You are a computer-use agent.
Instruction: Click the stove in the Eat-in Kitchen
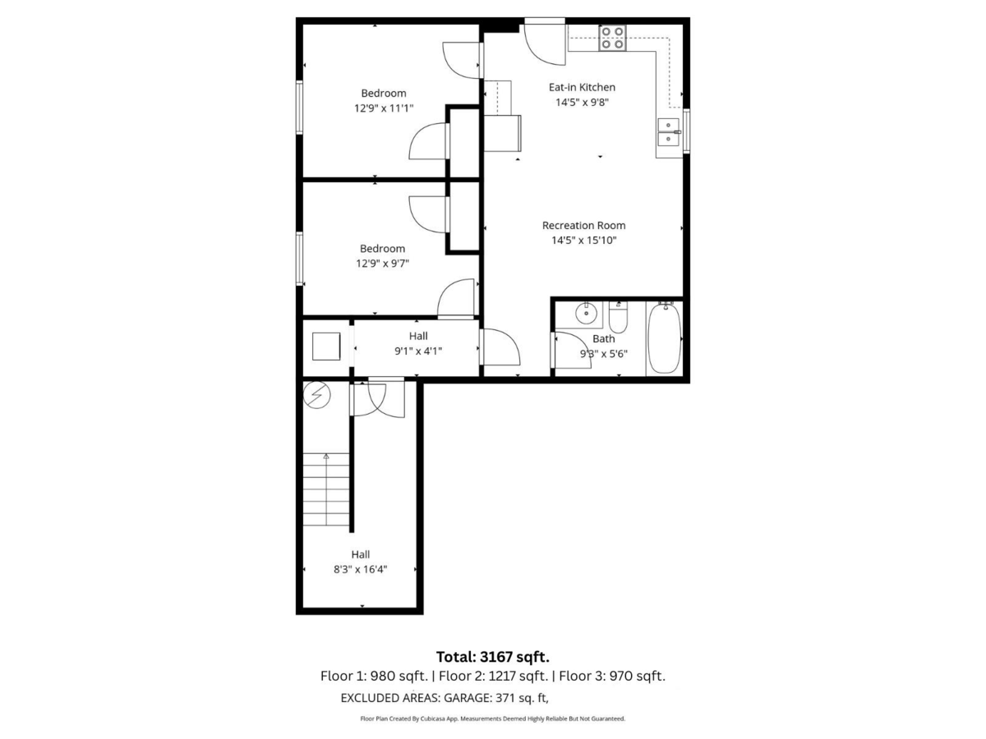coord(612,38)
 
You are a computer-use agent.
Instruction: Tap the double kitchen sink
coord(669,133)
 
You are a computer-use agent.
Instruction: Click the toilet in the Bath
coord(620,314)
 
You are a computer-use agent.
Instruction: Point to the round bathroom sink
coord(587,312)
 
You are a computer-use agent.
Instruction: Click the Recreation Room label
coord(583,225)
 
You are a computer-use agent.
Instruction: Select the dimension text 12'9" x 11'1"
coord(383,108)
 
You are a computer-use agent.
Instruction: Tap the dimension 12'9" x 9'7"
coord(382,264)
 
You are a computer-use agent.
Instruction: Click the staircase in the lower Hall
coord(327,493)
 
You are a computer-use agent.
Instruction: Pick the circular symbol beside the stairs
coord(316,396)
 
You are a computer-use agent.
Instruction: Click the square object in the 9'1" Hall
coord(327,346)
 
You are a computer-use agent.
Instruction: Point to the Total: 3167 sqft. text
coord(492,656)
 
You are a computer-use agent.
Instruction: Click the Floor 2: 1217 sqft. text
coord(493,677)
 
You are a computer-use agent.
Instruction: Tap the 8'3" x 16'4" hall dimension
coord(360,569)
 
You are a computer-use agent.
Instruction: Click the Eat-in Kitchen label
coord(582,87)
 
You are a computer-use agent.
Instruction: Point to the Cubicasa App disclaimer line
coord(493,718)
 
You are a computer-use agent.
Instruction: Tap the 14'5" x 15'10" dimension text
coord(583,241)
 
